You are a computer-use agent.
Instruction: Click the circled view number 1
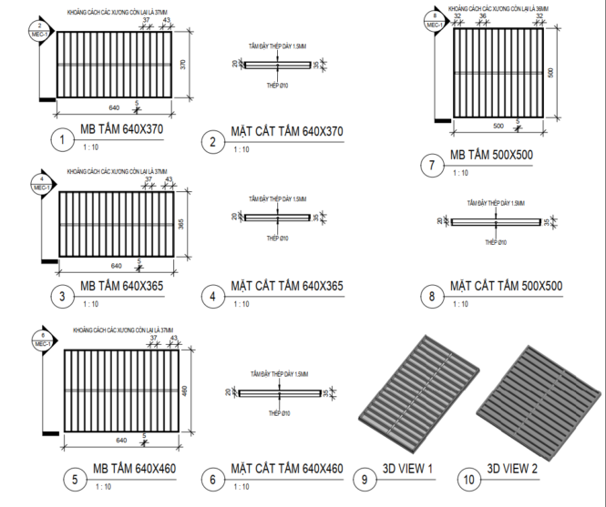pos(61,140)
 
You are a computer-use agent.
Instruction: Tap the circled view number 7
pos(432,165)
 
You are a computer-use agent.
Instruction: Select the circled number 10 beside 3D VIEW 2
pos(469,476)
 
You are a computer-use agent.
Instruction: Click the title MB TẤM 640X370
pos(121,129)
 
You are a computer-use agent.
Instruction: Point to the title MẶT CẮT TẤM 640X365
pos(287,287)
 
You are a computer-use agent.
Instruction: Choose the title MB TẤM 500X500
pos(491,155)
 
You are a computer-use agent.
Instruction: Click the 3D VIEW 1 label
pos(406,469)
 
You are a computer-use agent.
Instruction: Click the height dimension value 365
pos(181,225)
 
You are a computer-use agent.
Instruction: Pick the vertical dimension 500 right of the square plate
pos(550,72)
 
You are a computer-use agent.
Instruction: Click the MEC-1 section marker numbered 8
pos(435,21)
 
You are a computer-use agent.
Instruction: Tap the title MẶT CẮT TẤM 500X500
pos(506,287)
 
